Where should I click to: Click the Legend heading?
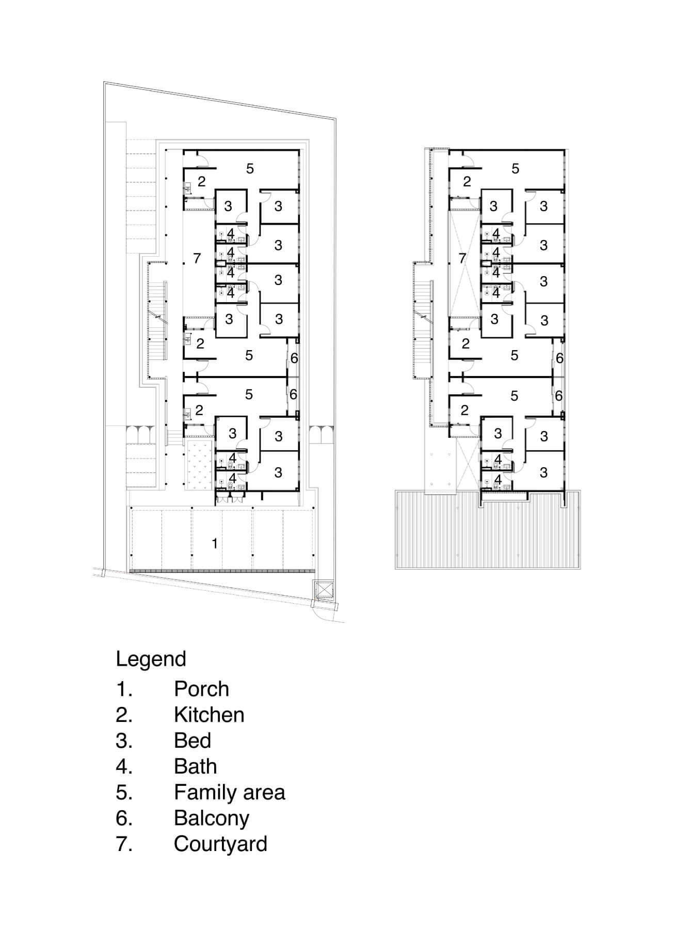pos(151,659)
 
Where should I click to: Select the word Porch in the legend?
pos(201,689)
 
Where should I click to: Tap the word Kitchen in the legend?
pos(209,715)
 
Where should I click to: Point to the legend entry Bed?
pos(192,740)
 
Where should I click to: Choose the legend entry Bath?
pos(195,766)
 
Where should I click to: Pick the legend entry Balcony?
pos(212,818)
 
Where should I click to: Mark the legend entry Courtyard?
pos(220,844)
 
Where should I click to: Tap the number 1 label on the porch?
pos(215,543)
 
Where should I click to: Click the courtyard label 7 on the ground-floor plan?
pos(197,258)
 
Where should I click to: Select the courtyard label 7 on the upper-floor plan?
pos(462,258)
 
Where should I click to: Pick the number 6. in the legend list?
pos(124,818)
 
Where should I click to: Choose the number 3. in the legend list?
pos(124,740)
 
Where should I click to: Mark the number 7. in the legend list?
pos(124,844)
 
